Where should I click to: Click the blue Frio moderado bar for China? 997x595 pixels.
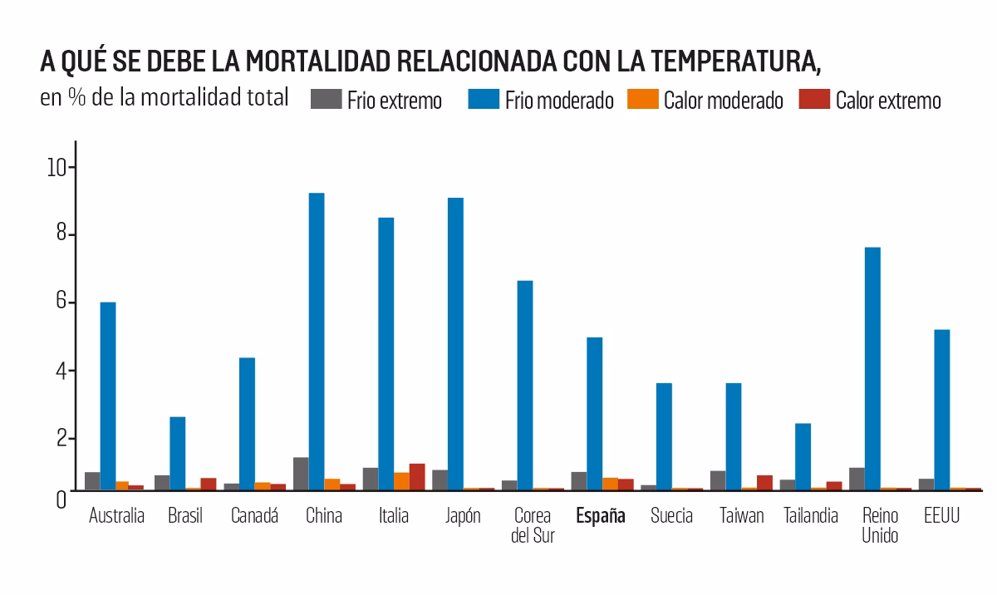tap(317, 341)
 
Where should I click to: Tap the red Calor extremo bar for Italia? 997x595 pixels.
tap(417, 477)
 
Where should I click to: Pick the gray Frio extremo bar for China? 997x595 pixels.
tap(301, 474)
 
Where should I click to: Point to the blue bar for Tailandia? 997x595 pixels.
tap(803, 456)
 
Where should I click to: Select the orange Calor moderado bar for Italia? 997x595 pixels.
tap(401, 481)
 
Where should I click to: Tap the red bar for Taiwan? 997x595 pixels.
tap(764, 483)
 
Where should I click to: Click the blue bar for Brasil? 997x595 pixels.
tap(177, 453)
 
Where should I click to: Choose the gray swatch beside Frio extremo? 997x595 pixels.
tap(326, 100)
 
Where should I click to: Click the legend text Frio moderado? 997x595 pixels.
tap(558, 101)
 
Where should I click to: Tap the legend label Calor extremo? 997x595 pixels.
tap(888, 101)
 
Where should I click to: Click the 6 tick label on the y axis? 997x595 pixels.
tap(60, 302)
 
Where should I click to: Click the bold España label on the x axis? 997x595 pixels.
tap(601, 516)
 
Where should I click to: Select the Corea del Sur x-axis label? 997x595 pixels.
tap(533, 525)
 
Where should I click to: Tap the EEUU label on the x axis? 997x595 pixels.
tap(941, 516)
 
